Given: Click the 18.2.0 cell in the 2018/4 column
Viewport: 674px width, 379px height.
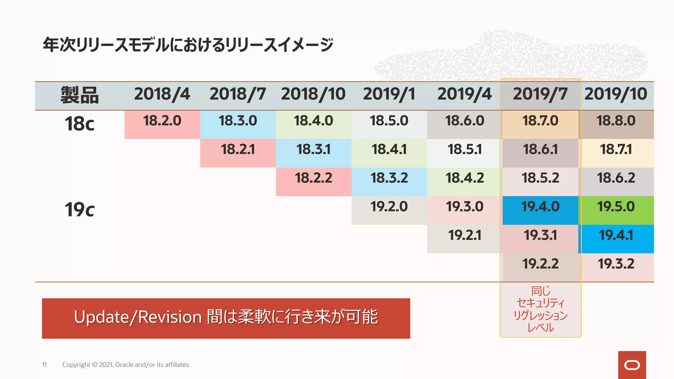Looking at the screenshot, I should [162, 124].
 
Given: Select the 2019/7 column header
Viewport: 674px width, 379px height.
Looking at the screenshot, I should [540, 94].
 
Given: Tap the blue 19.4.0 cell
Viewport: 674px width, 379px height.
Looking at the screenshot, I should [540, 210].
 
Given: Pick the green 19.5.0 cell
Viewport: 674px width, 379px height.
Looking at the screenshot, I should [616, 210].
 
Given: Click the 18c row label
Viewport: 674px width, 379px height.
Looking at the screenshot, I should [79, 124].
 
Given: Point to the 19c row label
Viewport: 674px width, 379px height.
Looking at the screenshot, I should [79, 210].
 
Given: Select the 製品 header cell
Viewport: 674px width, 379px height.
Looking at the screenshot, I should [79, 95].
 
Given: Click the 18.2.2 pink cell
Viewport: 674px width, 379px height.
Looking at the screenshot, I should [313, 181].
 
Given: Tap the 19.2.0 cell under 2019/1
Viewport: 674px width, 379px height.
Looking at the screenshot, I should [389, 210].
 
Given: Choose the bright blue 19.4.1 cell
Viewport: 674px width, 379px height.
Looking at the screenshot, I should [616, 239].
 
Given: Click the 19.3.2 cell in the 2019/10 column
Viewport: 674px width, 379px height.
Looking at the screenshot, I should [616, 267].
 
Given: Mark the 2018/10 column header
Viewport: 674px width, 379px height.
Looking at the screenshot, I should [313, 94].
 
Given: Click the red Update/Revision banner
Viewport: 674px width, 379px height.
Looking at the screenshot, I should [226, 318].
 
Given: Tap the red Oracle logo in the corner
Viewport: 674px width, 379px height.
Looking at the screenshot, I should [632, 365].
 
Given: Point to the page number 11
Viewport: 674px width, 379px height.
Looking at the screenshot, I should [44, 365].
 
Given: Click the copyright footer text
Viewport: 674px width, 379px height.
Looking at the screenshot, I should [125, 365].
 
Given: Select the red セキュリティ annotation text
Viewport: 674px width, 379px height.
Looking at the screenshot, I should [540, 303].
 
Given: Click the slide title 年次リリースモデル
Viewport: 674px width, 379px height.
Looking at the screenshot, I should [188, 45].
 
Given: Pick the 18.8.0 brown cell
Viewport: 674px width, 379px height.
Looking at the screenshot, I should [616, 124].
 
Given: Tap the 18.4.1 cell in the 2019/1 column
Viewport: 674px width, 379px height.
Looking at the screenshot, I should [389, 153].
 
